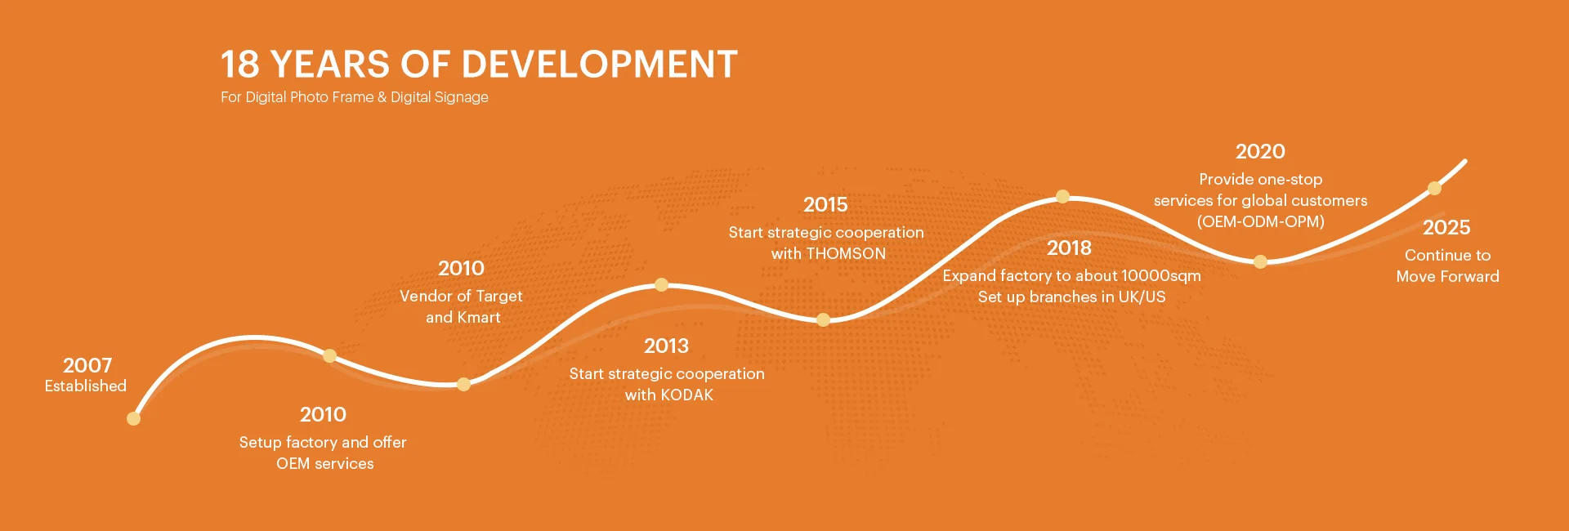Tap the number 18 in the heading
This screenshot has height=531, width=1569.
click(239, 64)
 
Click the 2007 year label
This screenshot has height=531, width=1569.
click(87, 365)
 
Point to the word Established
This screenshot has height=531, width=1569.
click(86, 386)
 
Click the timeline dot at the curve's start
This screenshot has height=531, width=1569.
click(134, 419)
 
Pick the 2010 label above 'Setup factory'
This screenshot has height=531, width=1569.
click(323, 414)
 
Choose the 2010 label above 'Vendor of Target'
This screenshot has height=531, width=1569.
click(461, 268)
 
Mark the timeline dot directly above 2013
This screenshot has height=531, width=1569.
click(662, 285)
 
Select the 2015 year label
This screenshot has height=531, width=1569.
click(825, 204)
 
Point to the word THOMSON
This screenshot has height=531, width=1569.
click(846, 253)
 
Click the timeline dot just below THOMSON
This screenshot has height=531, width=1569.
click(824, 320)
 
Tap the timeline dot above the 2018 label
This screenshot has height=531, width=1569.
click(1062, 197)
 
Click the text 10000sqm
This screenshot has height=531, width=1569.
click(1161, 276)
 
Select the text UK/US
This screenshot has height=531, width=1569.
click(1142, 297)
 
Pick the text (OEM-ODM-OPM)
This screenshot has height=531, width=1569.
click(1261, 221)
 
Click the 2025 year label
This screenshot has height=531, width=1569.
click(1446, 227)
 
